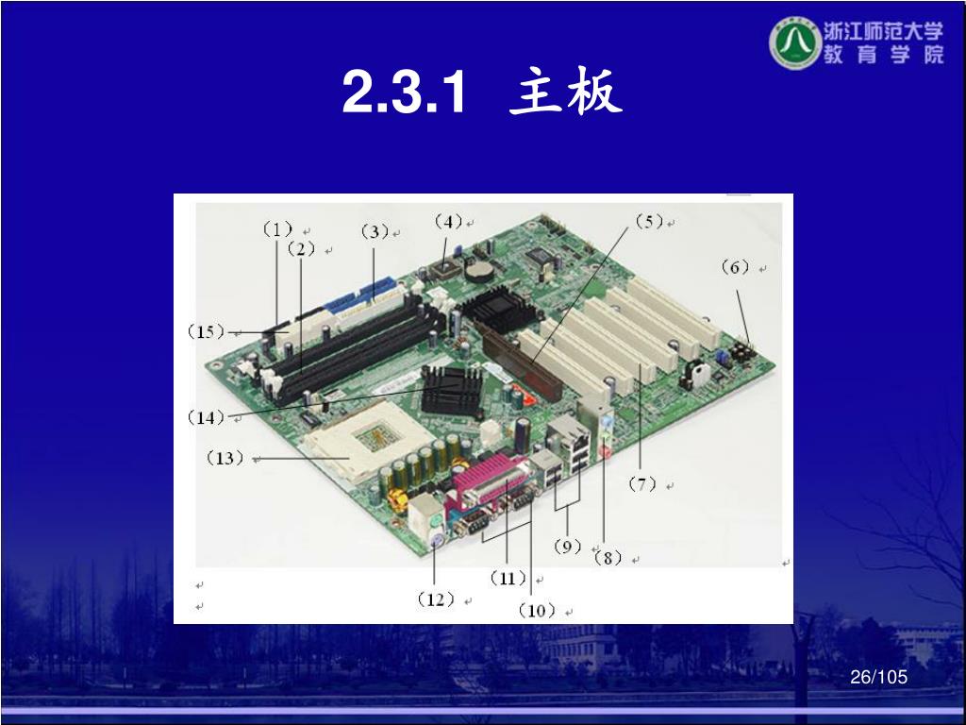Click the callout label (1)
pos(277,230)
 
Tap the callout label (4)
pos(448,221)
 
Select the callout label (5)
pos(649,221)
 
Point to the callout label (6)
pos(735,267)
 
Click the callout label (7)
pos(641,484)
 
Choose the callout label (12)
pos(436,599)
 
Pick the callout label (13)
pos(225,458)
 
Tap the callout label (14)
pos(206,417)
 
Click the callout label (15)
pos(206,331)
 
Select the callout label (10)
pos(537,611)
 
